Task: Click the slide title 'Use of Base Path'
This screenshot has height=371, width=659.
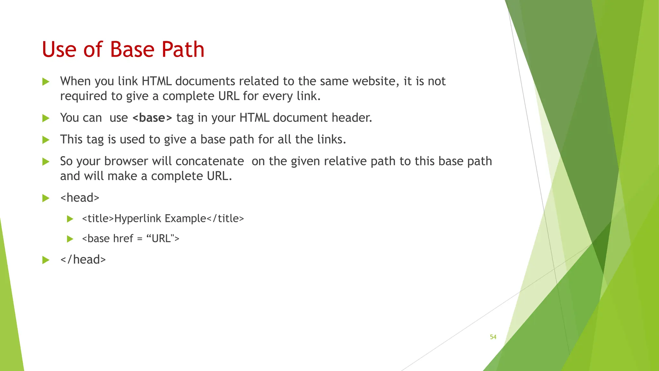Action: [123, 50]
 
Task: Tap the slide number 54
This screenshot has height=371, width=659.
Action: [493, 337]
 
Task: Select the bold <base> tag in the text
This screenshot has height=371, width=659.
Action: [152, 118]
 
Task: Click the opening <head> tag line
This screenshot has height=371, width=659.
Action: [80, 198]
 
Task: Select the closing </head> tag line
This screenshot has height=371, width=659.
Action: [83, 260]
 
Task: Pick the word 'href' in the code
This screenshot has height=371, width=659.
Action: [122, 239]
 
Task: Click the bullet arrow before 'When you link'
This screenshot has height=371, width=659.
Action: [46, 81]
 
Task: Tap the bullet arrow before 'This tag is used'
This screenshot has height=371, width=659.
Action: [46, 140]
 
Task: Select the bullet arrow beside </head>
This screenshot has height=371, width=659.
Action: [46, 260]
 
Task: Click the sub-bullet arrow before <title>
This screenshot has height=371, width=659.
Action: [70, 219]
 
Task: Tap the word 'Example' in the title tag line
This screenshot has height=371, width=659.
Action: [185, 219]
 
